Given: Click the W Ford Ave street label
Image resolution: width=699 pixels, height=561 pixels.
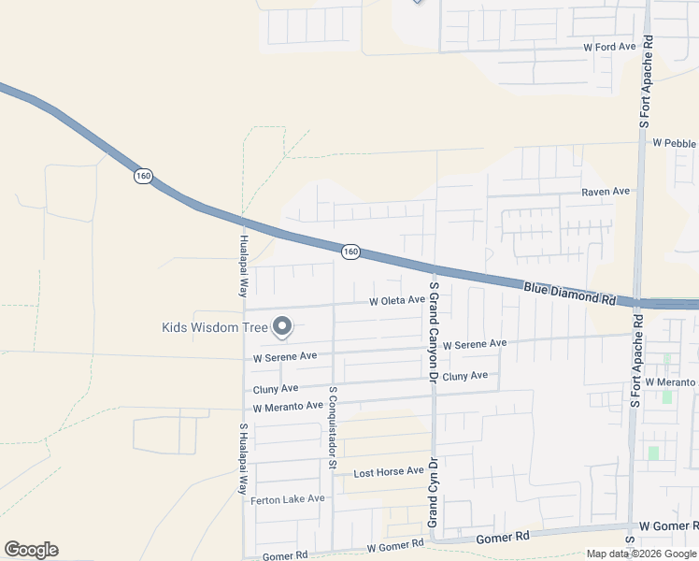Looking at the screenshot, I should coord(608,46).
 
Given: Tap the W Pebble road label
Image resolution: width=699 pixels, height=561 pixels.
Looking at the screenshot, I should coord(674,143).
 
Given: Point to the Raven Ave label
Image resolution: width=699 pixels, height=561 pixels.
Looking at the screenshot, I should coord(606,191).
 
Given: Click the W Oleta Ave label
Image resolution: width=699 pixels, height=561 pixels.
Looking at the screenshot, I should coord(396,301).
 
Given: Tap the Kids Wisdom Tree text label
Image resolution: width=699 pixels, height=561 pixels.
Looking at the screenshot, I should coord(215,326).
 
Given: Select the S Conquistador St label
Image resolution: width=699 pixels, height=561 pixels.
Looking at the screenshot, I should coord(332,425).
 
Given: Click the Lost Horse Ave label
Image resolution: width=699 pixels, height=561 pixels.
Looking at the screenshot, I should coord(388,472).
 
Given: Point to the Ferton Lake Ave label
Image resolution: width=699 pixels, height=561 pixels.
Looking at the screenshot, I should coord(288,499).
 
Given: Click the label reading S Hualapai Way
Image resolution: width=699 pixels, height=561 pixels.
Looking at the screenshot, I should coord(242,458).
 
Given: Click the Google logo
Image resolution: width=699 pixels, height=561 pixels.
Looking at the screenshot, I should coord(31,550).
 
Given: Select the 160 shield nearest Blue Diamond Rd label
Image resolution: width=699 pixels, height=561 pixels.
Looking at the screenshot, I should coord(349,251).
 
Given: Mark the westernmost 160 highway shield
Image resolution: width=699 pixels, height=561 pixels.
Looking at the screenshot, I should coord(142,176).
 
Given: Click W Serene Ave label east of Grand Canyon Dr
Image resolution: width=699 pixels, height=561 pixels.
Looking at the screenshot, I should coord(474,344).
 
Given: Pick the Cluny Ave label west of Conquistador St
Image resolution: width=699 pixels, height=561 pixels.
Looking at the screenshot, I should coord(276,388).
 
